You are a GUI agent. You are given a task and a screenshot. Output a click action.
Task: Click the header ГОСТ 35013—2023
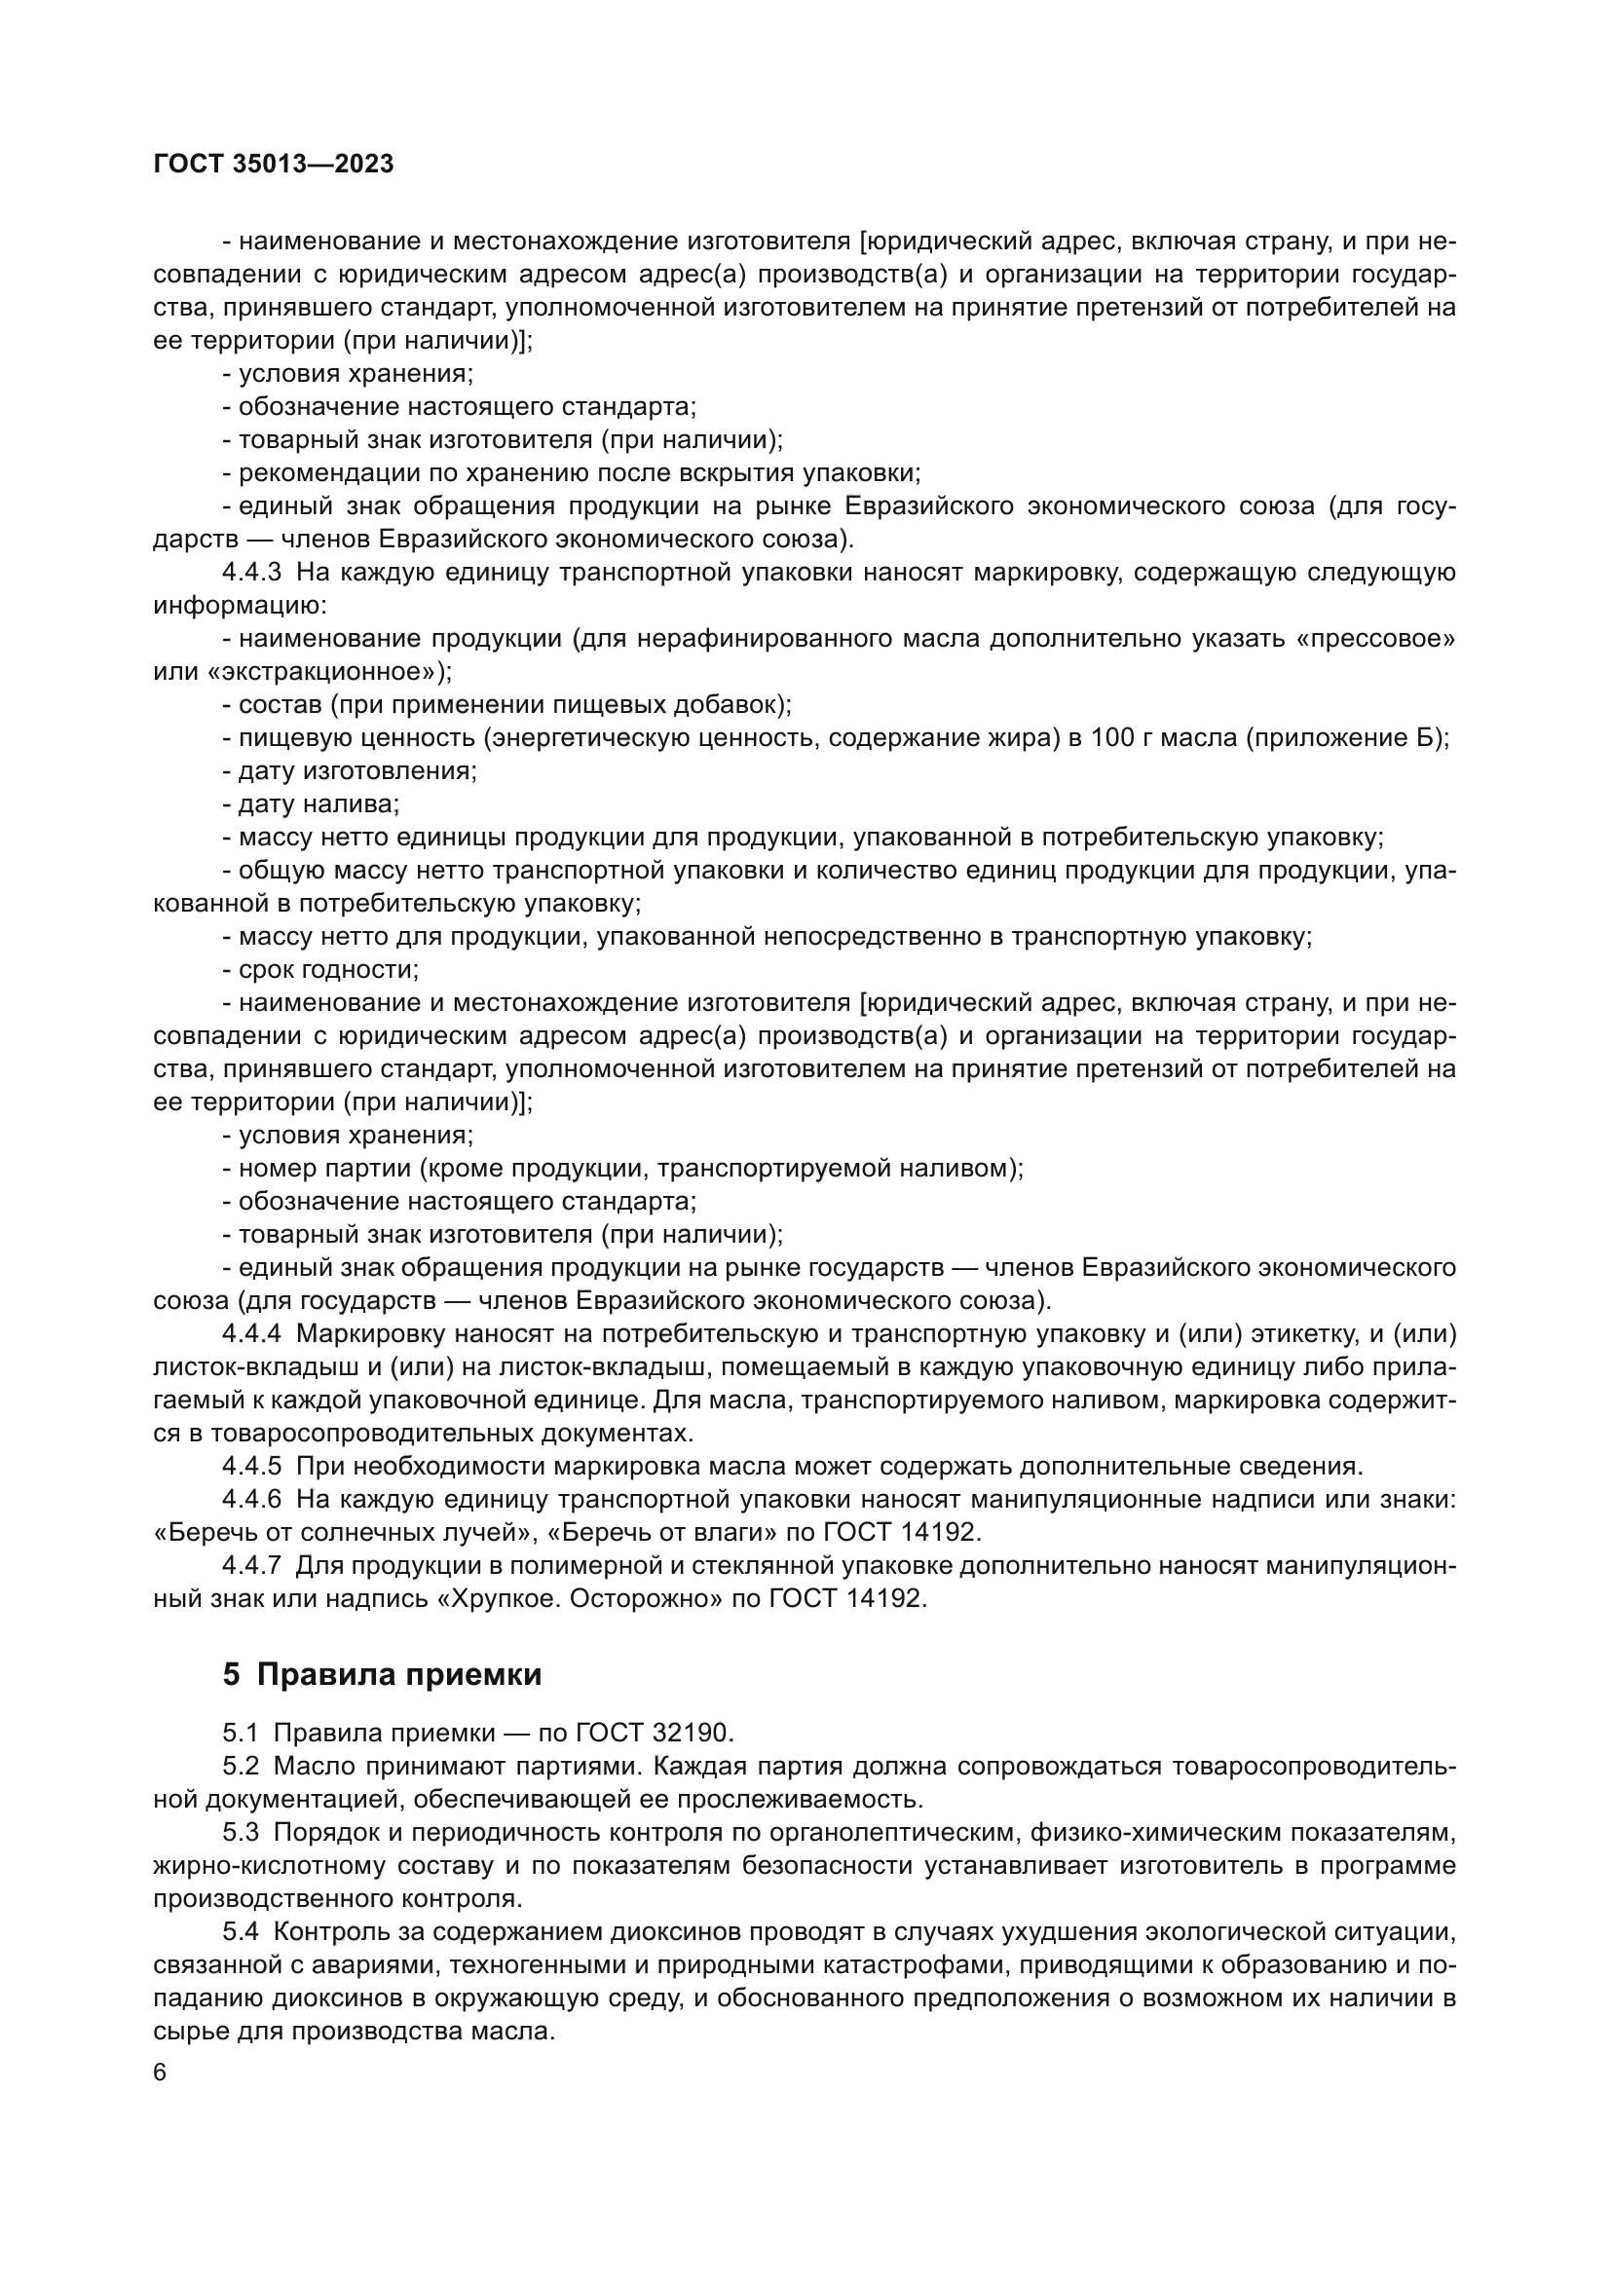[x=274, y=165]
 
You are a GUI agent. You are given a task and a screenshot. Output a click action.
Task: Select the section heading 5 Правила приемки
[x=382, y=1675]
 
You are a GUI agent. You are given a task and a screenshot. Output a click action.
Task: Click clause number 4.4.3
[x=252, y=573]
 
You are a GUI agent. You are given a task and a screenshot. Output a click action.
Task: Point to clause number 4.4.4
[x=252, y=1334]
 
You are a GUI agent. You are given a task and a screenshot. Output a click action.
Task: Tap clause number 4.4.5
[x=252, y=1467]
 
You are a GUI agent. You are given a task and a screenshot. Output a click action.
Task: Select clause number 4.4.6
[x=252, y=1499]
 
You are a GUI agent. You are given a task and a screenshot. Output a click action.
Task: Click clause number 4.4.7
[x=252, y=1566]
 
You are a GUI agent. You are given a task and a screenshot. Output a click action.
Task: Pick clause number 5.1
[x=240, y=1734]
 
